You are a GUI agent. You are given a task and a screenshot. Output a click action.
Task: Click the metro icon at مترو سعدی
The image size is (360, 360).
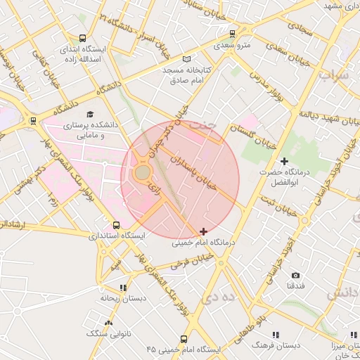[233, 33]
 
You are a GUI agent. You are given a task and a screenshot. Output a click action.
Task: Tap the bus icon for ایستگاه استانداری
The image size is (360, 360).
[116, 226]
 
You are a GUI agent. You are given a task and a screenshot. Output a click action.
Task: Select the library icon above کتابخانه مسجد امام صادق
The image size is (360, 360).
[186, 60]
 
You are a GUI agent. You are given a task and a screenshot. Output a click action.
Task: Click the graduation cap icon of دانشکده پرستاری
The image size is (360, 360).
[89, 114]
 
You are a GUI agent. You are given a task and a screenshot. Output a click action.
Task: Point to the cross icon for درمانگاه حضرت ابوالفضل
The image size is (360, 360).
[284, 161]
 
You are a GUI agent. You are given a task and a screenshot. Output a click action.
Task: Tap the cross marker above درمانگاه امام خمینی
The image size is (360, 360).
[203, 231]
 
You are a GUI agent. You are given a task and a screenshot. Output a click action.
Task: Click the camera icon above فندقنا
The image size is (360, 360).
[295, 275]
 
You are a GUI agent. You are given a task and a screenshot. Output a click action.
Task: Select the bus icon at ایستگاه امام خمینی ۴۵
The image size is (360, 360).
[184, 338]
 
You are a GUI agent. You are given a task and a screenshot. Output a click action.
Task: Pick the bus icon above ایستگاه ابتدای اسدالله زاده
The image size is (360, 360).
[83, 39]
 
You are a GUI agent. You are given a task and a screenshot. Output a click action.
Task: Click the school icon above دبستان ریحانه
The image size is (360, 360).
[123, 287]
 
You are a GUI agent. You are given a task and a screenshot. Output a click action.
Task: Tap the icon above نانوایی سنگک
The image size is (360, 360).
[108, 323]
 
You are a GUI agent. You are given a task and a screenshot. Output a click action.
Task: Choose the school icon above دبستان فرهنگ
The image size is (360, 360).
[275, 335]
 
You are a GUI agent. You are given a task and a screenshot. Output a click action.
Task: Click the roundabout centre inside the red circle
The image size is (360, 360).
[143, 172]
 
